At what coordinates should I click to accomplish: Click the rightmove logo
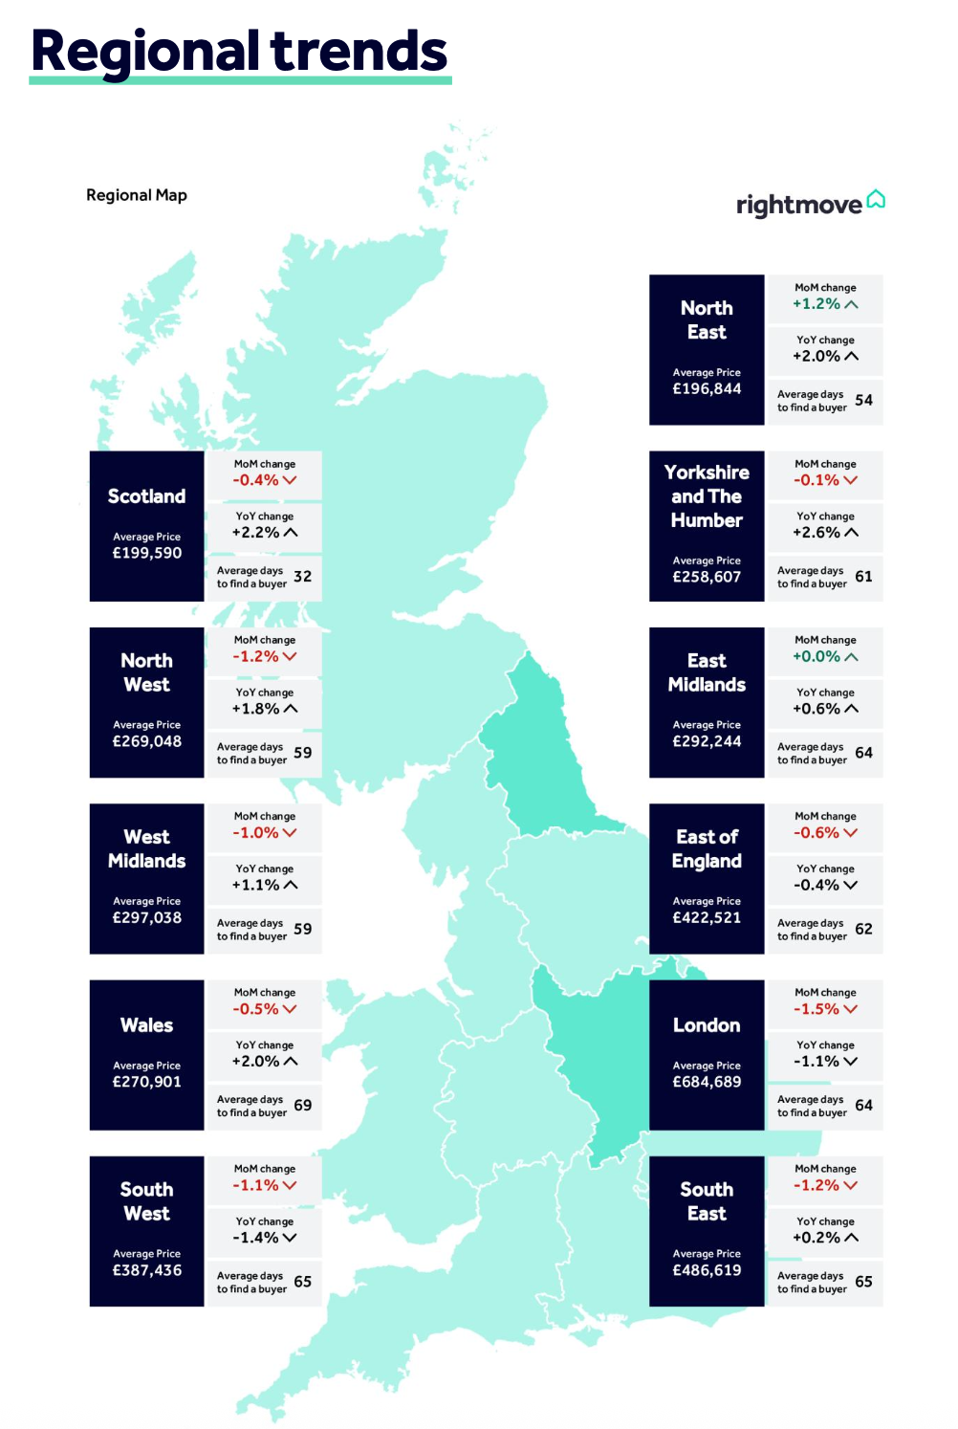pos(810,204)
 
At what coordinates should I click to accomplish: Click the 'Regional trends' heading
pos(239,52)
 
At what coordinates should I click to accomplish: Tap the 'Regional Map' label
pos(137,195)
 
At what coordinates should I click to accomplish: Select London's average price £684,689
pos(707,1082)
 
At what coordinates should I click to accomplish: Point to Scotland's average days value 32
pos(302,576)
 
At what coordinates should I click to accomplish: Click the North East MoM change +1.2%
pos(816,304)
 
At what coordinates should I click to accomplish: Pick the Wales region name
pos(146,1025)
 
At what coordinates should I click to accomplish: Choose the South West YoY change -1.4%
pos(255,1238)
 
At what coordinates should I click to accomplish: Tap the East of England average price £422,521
pos(707,917)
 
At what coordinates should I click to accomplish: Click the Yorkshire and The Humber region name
pos(707,496)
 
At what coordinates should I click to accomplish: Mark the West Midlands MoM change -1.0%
pos(255,833)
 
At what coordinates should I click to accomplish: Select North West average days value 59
pos(302,753)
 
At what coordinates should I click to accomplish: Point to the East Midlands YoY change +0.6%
pos(816,709)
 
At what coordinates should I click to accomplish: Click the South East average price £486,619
pos(707,1270)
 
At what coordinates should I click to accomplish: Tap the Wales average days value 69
pos(302,1105)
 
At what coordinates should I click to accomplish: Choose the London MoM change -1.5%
pos(816,1009)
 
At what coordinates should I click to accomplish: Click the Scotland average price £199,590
pos(146,553)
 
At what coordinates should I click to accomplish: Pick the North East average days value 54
pos(863,400)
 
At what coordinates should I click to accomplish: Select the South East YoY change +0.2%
pos(816,1238)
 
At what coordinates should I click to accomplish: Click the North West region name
pos(146,672)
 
